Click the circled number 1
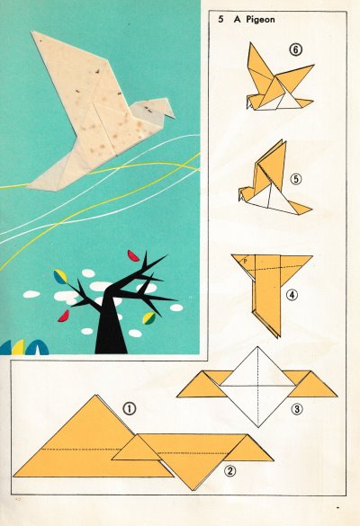[130, 409]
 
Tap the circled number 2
[229, 471]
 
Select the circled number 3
[297, 409]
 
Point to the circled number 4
[292, 295]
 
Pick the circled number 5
[295, 179]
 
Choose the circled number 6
[295, 50]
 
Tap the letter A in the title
[238, 20]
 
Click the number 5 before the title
[220, 20]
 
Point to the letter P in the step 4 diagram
[246, 261]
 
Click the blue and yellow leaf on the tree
[61, 276]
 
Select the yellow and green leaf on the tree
[148, 318]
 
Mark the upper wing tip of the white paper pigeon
[32, 32]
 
